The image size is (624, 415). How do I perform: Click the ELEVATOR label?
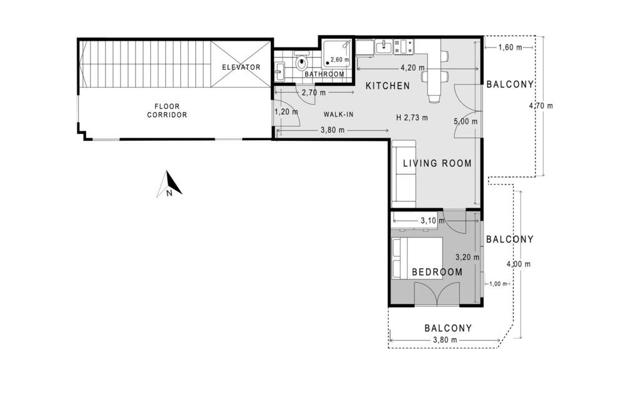(241, 67)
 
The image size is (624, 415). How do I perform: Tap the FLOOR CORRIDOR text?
(167, 110)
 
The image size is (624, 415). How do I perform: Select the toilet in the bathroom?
(301, 61)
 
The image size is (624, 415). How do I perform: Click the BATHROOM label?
(324, 74)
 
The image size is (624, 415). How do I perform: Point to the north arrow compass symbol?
(169, 184)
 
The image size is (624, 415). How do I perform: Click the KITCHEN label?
(388, 86)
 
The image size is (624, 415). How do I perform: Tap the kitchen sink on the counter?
(384, 47)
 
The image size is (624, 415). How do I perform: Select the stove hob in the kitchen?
(404, 47)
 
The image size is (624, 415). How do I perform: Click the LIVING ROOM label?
(437, 163)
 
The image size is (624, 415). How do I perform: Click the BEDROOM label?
(437, 272)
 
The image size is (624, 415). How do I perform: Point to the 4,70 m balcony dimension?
(541, 106)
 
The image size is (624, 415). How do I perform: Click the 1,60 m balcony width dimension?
(510, 48)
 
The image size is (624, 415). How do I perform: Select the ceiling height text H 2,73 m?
(412, 118)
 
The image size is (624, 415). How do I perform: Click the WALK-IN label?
(338, 115)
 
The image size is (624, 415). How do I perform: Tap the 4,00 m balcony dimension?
(518, 264)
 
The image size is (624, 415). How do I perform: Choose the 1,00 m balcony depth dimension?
(498, 284)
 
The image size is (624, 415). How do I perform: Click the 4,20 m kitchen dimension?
(412, 68)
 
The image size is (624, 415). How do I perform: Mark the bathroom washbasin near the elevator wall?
(280, 72)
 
